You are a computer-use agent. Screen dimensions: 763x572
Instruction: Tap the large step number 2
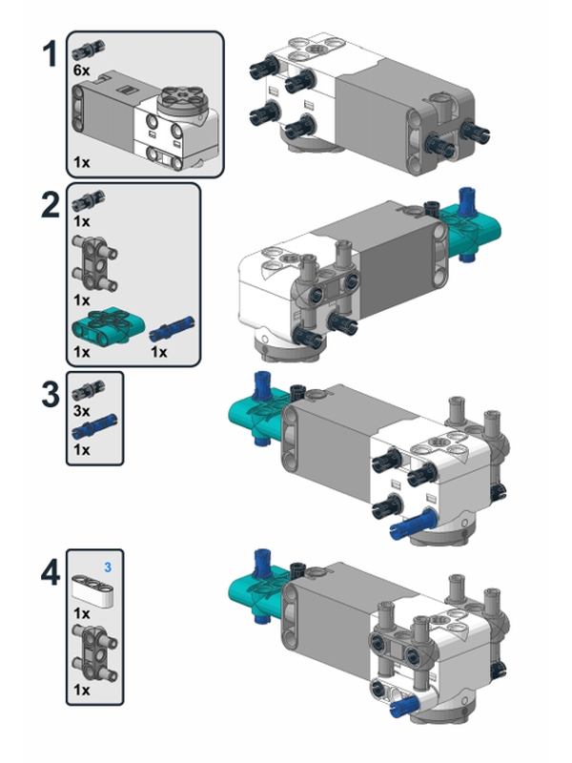click(51, 207)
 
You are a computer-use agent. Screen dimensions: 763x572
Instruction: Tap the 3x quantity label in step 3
click(82, 409)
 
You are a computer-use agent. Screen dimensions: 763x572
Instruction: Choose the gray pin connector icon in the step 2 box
click(95, 264)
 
